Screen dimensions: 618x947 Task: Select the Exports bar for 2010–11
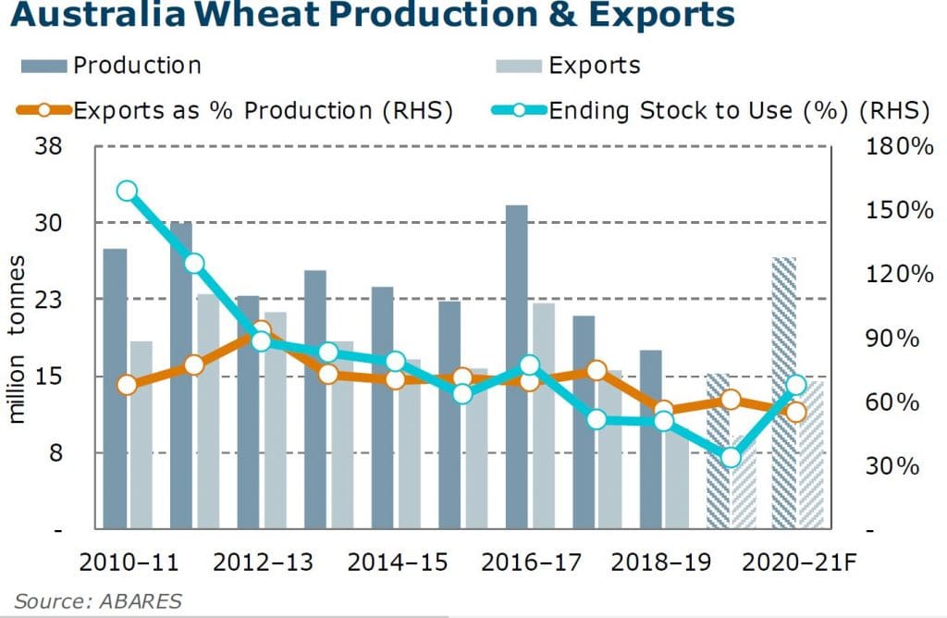point(141,435)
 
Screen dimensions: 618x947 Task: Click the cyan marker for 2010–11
point(128,192)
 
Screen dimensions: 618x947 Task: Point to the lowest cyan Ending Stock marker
point(731,457)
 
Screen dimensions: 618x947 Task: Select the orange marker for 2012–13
point(261,331)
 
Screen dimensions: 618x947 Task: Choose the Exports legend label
point(594,66)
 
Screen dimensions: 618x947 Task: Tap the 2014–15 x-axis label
point(395,562)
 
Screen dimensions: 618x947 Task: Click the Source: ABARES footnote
point(98,600)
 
